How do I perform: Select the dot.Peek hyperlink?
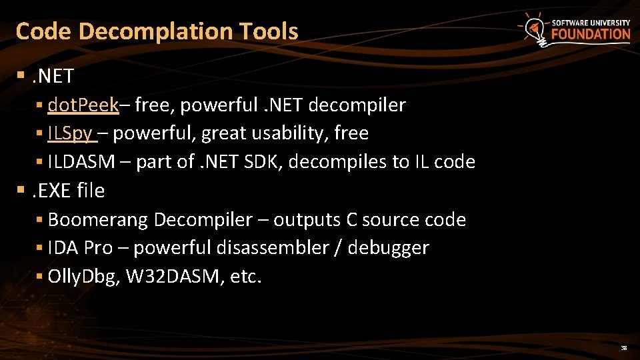(83, 105)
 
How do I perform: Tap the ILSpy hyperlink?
(71, 133)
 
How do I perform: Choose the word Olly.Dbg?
(83, 277)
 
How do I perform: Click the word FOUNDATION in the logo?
(591, 35)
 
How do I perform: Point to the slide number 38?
(624, 348)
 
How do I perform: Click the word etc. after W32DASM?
(245, 277)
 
